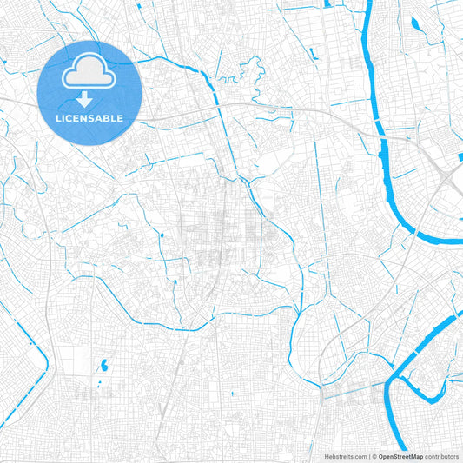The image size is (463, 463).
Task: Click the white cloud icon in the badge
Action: (x=90, y=72)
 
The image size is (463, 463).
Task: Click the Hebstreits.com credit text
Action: (x=344, y=456)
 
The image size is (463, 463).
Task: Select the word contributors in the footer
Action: (x=441, y=456)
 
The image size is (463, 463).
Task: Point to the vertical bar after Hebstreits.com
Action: (x=368, y=456)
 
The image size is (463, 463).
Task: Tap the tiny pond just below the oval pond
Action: (x=101, y=379)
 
